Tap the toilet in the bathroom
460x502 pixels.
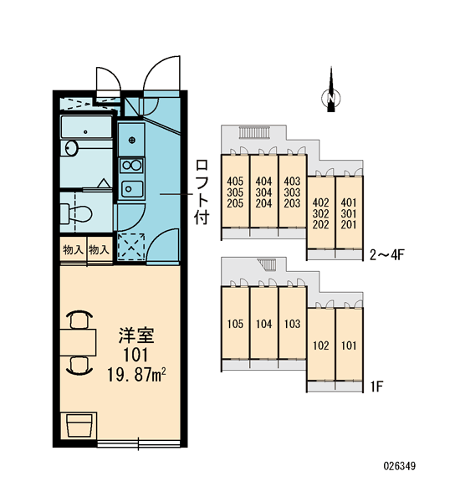click(x=76, y=213)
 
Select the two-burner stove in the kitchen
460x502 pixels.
click(x=131, y=166)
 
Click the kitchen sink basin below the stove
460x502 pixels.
click(x=131, y=189)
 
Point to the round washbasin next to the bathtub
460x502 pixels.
click(x=72, y=148)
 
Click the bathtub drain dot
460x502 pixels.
click(x=85, y=131)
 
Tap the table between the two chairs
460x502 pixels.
click(x=78, y=342)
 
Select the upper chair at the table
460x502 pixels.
click(x=79, y=320)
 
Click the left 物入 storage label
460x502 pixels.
click(x=73, y=249)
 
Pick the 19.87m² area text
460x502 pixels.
click(x=136, y=375)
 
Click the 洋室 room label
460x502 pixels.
click(x=136, y=336)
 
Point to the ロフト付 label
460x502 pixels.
click(x=202, y=192)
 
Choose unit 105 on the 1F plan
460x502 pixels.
click(x=235, y=324)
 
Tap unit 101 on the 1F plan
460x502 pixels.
click(x=349, y=346)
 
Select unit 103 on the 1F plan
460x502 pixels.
click(x=292, y=324)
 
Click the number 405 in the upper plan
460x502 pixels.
click(x=235, y=182)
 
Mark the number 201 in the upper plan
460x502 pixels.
click(x=349, y=224)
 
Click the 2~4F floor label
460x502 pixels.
click(x=387, y=255)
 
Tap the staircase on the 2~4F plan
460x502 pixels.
click(x=255, y=132)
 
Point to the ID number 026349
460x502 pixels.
click(x=399, y=466)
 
